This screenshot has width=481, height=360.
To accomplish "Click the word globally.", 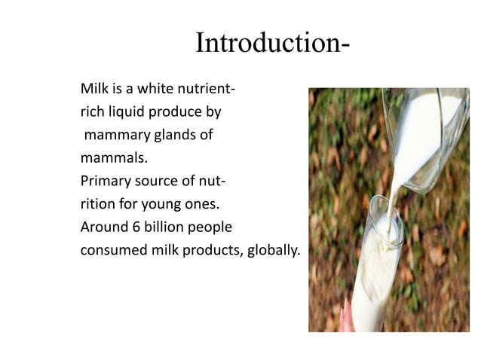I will [x=274, y=250].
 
